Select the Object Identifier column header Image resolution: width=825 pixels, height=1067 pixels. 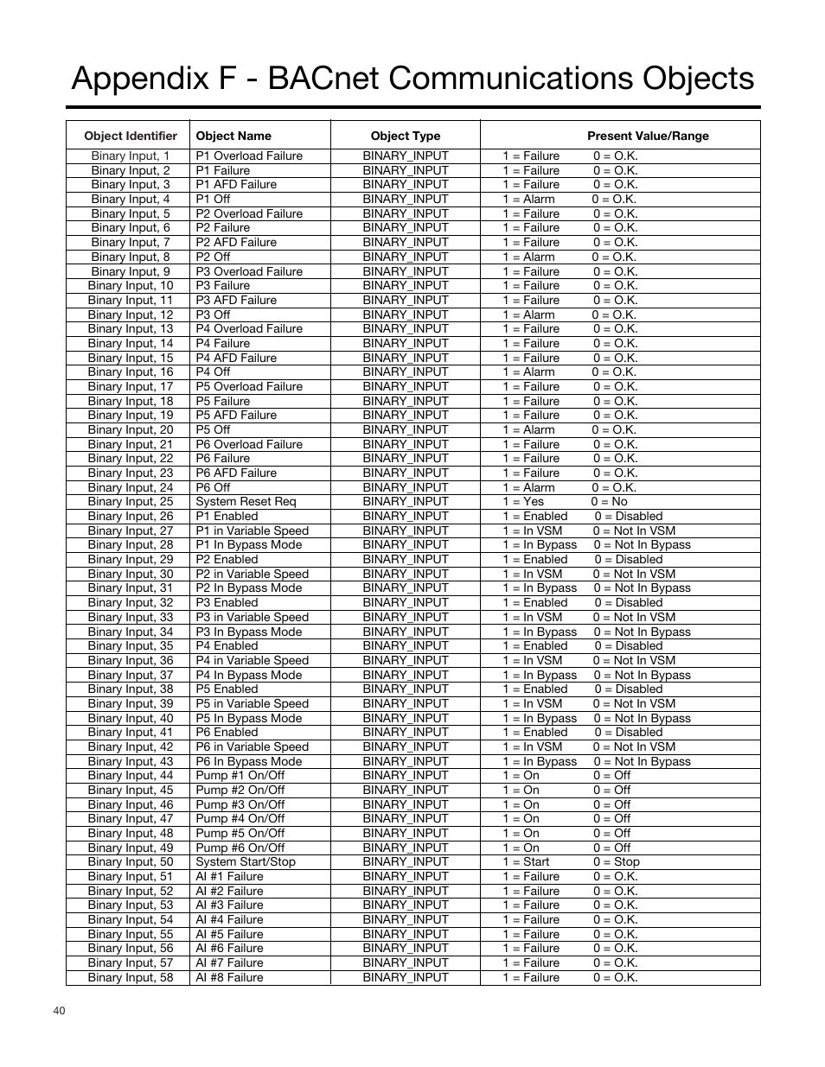point(130,136)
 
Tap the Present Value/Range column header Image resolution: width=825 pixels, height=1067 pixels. point(647,136)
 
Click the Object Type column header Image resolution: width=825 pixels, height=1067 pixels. point(405,136)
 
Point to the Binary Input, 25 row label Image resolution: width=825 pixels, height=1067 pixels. point(130,502)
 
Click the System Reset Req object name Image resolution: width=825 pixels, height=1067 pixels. point(246,502)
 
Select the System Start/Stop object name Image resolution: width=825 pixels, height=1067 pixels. point(246,862)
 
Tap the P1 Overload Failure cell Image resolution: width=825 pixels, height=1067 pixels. point(249,156)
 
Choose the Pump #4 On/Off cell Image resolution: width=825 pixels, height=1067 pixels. point(240,819)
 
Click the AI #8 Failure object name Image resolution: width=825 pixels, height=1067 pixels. point(229,978)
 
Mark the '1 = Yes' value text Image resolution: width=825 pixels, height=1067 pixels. point(523,502)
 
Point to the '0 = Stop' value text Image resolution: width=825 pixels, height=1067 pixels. point(617,862)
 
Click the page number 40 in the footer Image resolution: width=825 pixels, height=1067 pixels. point(59,1012)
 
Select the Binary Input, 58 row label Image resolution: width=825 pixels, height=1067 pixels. point(130,978)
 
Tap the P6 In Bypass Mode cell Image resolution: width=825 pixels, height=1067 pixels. point(248,762)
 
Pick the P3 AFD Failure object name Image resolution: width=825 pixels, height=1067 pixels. point(236,301)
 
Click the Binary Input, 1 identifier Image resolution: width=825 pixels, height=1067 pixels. point(130,156)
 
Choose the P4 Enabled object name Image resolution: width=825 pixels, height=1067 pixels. point(227,646)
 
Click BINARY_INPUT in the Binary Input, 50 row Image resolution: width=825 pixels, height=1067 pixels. point(406,862)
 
